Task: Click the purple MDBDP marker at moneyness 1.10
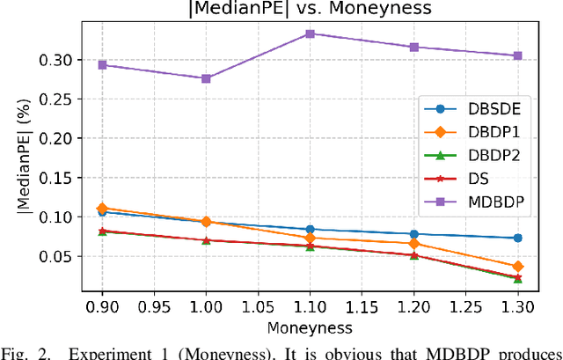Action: click(x=310, y=33)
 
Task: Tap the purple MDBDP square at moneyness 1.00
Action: click(x=206, y=78)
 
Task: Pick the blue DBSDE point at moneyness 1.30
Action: click(x=517, y=238)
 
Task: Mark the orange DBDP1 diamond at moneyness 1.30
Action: click(x=517, y=266)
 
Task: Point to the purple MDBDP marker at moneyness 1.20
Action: click(x=413, y=47)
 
